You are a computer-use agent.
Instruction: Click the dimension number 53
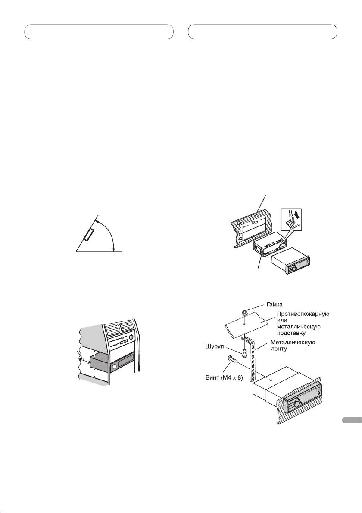[240, 238]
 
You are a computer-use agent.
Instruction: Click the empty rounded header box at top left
[99, 32]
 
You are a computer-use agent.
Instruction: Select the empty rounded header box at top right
[263, 32]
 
